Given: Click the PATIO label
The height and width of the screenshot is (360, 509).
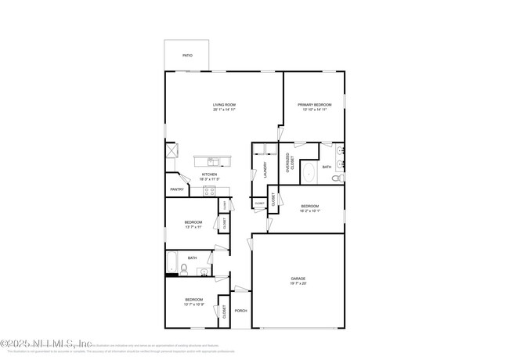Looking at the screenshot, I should (x=187, y=56).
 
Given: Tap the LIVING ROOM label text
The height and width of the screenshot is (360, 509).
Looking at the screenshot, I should (x=224, y=105).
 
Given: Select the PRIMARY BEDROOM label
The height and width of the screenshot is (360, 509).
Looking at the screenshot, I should (x=314, y=105).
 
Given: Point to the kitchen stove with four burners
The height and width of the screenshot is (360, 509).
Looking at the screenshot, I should (x=210, y=189).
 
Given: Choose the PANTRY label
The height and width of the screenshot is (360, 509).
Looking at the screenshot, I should (x=176, y=189).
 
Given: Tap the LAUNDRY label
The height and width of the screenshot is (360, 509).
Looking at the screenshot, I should (x=266, y=169).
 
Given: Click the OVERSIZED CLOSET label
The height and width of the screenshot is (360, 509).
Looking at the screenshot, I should (x=289, y=161).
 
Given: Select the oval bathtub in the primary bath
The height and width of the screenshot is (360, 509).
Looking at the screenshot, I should (x=308, y=172).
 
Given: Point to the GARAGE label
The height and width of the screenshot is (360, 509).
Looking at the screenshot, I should (x=298, y=279).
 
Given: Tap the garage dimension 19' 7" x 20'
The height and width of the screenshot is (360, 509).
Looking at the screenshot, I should (x=298, y=284).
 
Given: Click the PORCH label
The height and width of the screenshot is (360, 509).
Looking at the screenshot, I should (x=240, y=311).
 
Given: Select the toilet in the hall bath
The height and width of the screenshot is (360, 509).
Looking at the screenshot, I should (x=182, y=269).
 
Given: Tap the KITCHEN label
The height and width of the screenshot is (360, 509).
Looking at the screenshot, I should (x=209, y=175).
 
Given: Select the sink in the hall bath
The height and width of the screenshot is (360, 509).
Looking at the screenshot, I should (x=204, y=272).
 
